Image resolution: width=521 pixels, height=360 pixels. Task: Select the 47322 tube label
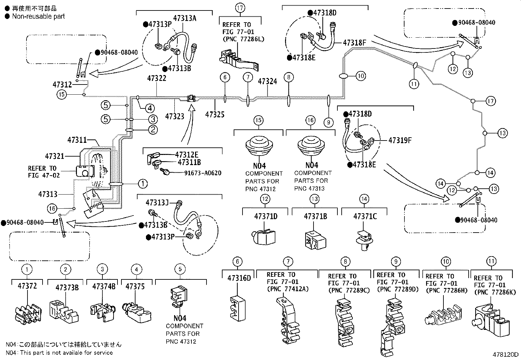[156, 78]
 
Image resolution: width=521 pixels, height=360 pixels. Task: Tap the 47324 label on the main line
[267, 81]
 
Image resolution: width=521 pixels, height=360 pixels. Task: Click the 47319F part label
[400, 141]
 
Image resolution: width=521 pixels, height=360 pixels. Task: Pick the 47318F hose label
[354, 43]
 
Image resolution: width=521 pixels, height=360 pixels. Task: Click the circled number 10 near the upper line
[360, 76]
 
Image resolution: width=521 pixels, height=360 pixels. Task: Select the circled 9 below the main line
[328, 123]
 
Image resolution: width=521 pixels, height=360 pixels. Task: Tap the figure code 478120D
[506, 354]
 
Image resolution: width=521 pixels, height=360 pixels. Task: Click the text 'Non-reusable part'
[38, 16]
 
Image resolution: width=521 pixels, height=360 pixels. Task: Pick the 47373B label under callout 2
[67, 288]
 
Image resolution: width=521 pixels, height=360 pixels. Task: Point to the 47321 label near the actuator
[55, 156]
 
